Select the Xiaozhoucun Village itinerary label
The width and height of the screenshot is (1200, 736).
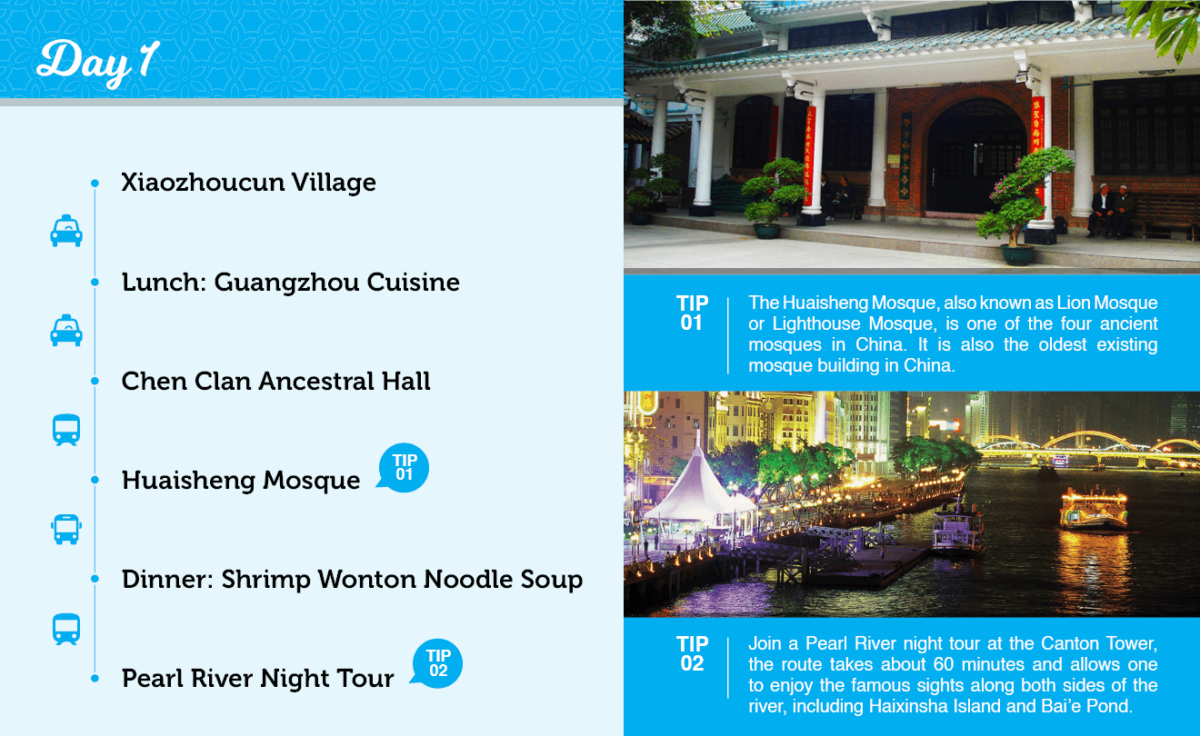pos(248,183)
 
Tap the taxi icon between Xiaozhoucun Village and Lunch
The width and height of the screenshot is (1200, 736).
pos(66,231)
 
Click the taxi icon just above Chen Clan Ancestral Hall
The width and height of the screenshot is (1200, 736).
pos(66,330)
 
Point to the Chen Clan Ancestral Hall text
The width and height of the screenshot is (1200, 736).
pos(275,381)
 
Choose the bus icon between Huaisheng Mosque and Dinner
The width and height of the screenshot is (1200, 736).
pos(66,530)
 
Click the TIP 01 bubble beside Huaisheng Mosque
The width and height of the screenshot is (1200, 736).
pos(403,467)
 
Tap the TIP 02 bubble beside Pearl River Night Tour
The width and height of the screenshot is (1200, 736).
pos(437,663)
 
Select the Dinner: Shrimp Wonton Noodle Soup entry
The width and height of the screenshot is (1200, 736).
pos(352,580)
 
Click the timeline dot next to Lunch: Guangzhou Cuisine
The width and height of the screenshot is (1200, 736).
pos(95,282)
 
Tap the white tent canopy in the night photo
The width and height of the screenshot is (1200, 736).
pos(700,492)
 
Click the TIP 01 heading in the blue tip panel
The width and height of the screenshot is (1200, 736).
pos(692,313)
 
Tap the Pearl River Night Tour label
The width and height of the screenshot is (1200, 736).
pos(257,678)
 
